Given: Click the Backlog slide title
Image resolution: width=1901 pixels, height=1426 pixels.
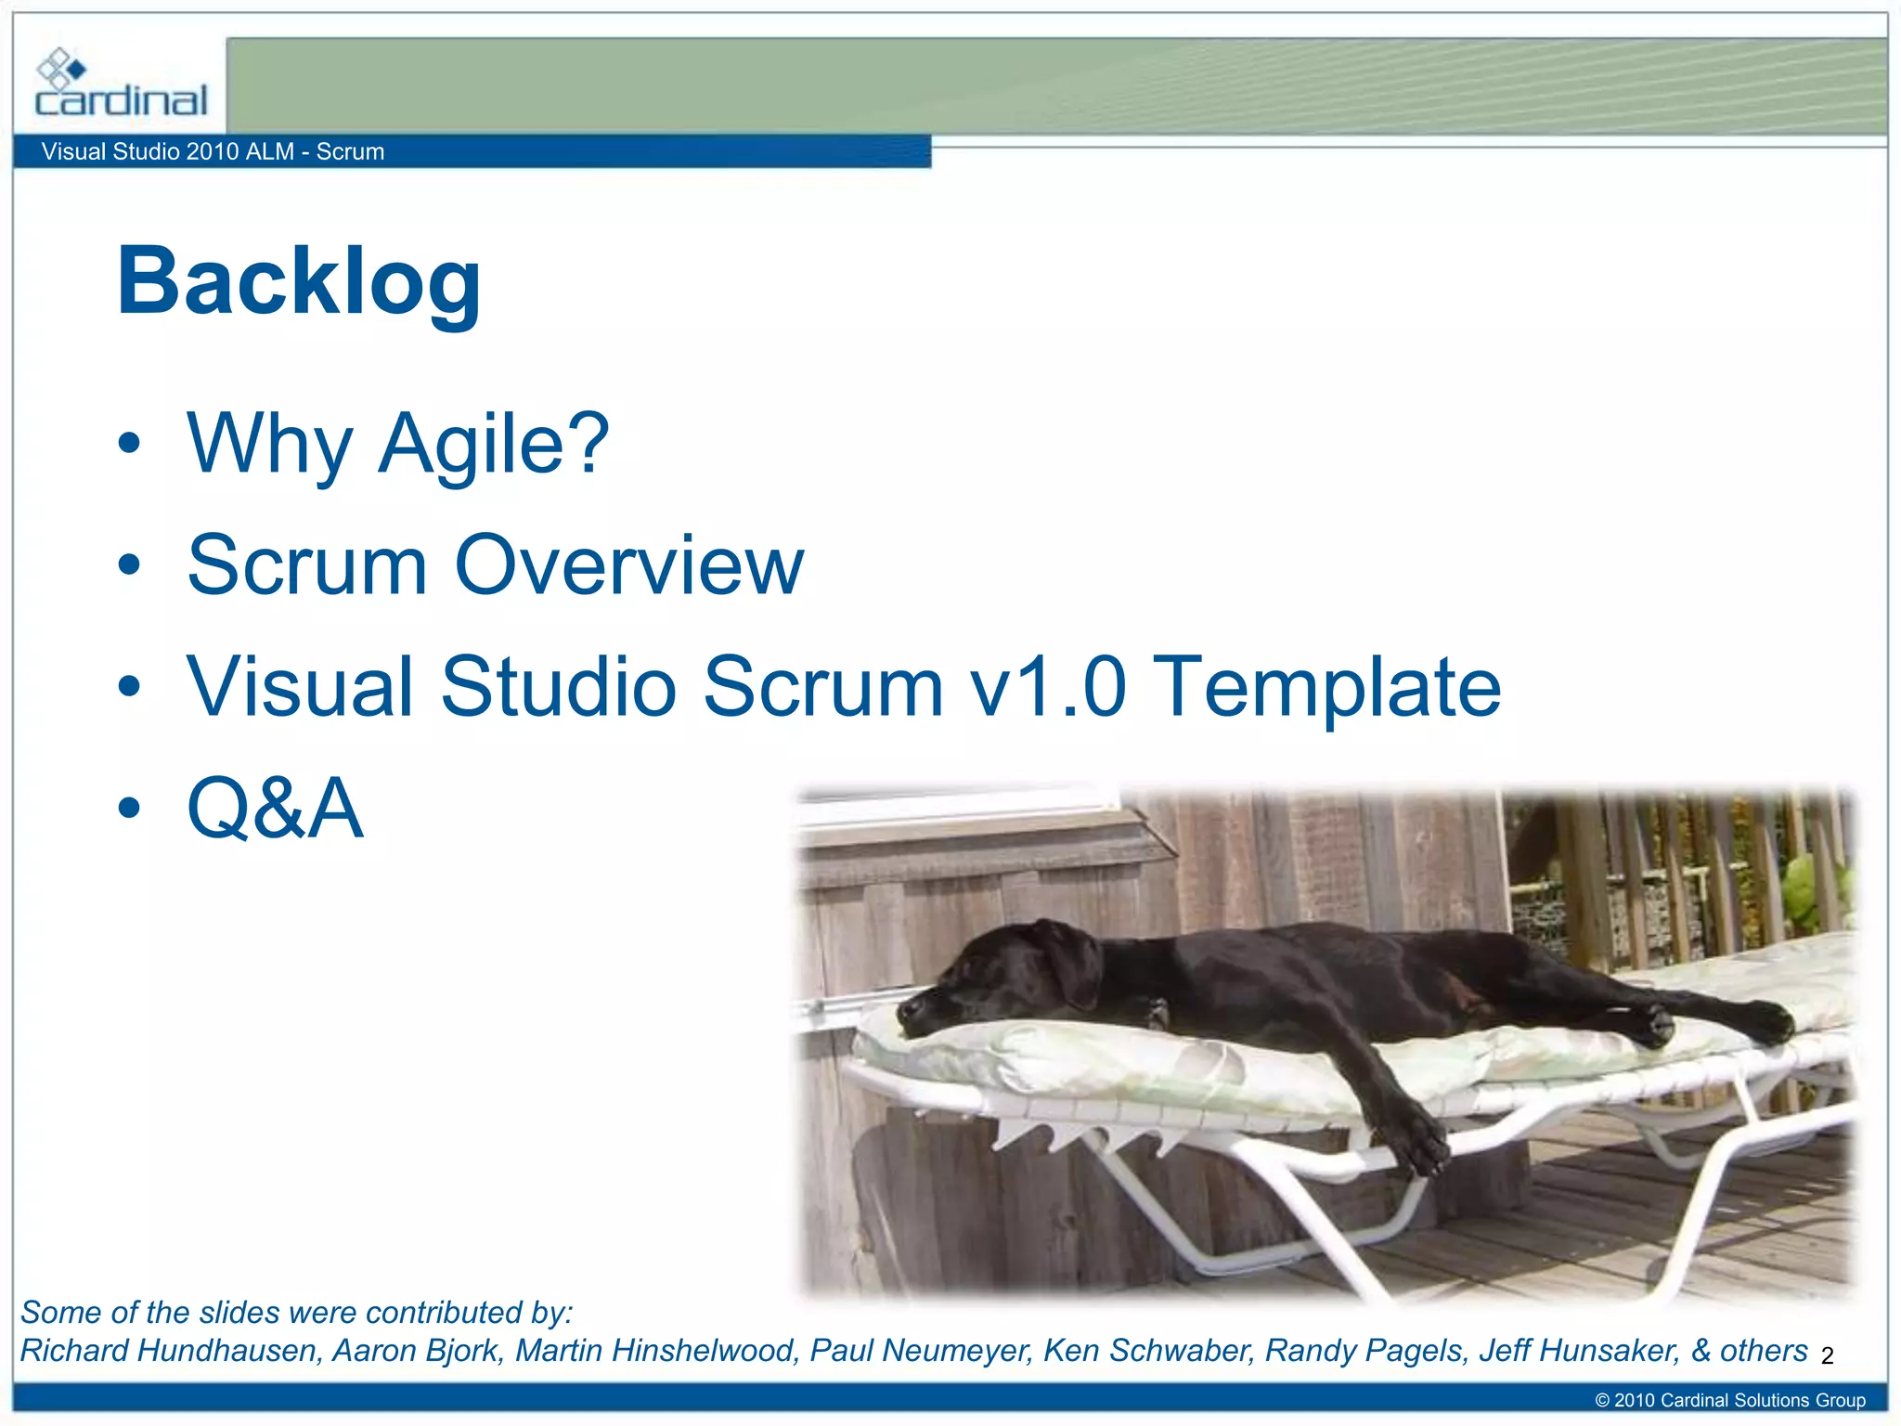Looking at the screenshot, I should [299, 281].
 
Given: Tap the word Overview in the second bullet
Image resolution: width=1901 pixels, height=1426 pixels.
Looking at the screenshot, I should [628, 565].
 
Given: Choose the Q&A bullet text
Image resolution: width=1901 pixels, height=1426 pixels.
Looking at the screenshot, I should [275, 809].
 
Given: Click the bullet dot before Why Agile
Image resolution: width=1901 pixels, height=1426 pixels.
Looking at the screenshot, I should [130, 444].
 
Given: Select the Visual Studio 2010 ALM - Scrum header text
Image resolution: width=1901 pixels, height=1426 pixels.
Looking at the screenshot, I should [213, 151].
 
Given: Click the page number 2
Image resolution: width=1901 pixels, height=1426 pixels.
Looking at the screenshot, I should [1827, 1356].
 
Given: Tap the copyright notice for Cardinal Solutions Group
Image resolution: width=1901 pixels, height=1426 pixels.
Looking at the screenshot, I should [1729, 1400].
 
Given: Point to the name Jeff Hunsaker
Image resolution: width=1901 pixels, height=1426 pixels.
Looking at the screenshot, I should [1579, 1351].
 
